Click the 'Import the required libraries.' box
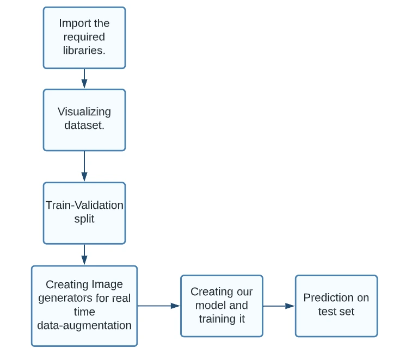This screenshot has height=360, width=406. (84, 38)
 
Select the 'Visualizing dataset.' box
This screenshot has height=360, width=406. (84, 120)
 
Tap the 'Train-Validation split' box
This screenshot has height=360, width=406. (84, 213)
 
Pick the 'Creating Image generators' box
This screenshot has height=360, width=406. (84, 306)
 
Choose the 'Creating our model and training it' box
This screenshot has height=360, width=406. (222, 306)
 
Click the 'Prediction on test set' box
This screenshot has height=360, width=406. (336, 306)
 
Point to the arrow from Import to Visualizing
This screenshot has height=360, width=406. (84, 78)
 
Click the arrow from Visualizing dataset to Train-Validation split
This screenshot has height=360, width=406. (84, 166)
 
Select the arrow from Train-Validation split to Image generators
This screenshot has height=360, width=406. (84, 254)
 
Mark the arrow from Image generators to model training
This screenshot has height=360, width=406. (158, 306)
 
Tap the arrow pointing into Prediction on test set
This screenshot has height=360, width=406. (279, 306)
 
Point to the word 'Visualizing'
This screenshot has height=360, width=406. (84, 112)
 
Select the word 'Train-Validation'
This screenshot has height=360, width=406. (84, 206)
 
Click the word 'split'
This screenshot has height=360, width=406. (84, 220)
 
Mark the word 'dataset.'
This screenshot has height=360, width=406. (84, 126)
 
